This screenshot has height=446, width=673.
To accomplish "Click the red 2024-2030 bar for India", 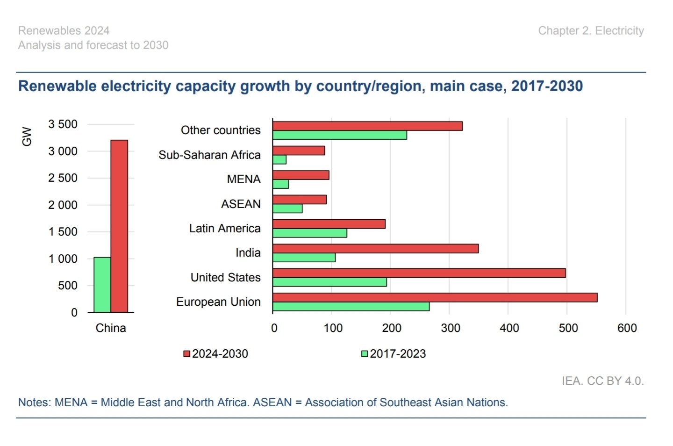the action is tap(376, 249).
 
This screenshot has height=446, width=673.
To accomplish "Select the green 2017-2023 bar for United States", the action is tap(329, 282).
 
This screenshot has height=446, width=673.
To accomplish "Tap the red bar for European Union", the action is tap(435, 297).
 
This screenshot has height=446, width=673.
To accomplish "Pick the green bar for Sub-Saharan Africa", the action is tap(279, 159).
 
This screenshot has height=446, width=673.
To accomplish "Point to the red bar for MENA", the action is tap(301, 175).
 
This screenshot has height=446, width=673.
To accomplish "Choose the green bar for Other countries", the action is tap(340, 135).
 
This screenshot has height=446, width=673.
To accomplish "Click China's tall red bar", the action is tap(119, 226).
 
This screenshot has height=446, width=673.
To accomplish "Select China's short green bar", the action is tap(102, 285).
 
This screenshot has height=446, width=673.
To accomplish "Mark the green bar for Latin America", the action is tap(310, 233).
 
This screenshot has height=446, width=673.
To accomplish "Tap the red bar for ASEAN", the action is tap(300, 200).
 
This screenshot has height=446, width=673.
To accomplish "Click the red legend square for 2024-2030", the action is tap(186, 354).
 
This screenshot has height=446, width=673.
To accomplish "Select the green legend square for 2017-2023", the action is tap(365, 354).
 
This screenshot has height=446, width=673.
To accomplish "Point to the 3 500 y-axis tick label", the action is tap(63, 124).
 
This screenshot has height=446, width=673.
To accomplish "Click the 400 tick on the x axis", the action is tap(509, 328).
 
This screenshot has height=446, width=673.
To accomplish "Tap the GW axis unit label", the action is tap(27, 137).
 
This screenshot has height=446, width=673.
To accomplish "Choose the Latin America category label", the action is tap(225, 229).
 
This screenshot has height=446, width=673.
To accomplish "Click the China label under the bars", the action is tap(111, 328).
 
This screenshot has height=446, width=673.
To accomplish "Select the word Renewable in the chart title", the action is tap(57, 86).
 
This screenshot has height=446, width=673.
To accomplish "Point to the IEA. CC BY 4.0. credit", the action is tap(603, 381).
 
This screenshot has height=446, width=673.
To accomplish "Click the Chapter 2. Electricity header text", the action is tap(591, 31).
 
